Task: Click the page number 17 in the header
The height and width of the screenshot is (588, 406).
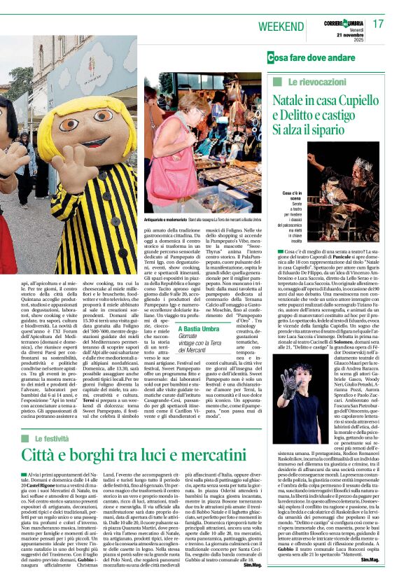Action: tap(379, 24)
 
